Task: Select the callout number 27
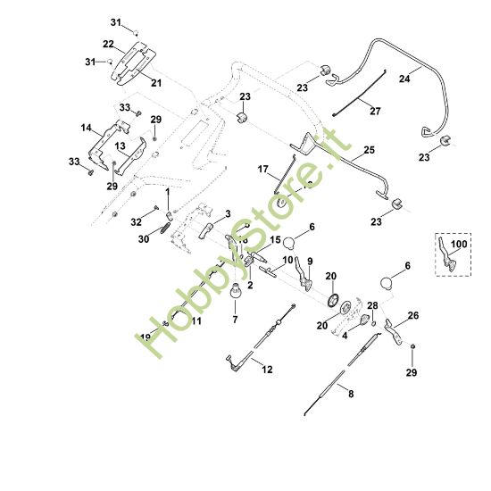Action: point(374,112)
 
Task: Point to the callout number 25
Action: point(369,151)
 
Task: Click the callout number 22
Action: point(108,44)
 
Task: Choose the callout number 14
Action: point(87,129)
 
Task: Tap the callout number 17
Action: point(262,169)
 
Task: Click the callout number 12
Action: point(267,368)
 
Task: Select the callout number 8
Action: point(350,394)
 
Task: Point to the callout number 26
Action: point(412,316)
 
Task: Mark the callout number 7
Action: point(236,319)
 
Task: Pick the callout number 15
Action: point(275,240)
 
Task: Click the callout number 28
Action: point(372,305)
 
